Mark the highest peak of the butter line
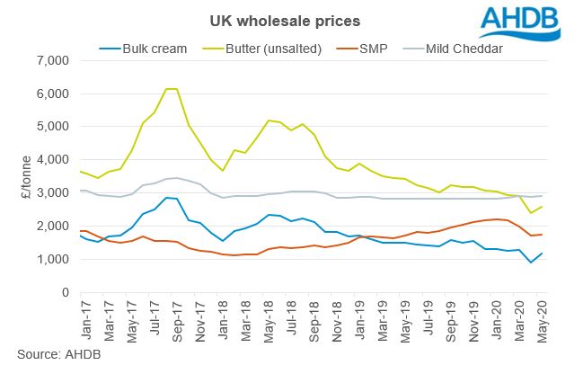coord(170,89)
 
